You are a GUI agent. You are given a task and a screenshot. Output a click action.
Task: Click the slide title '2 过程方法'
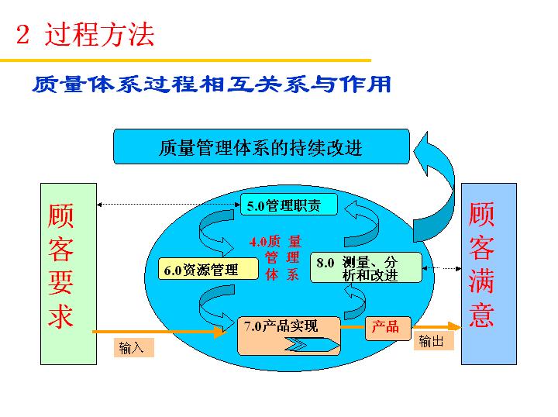point(85,35)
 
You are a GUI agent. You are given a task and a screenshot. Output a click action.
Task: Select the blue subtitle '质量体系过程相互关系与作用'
point(211,84)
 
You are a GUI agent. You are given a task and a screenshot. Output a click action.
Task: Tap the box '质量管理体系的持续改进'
point(260,147)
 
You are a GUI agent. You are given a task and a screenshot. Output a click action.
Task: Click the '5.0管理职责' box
point(288,205)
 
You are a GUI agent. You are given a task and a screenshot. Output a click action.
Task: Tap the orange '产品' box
point(386,326)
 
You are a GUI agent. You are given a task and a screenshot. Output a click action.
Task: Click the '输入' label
point(132,348)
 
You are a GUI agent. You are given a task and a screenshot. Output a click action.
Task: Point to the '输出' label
point(432,341)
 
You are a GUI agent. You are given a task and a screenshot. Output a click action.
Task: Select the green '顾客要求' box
point(68,274)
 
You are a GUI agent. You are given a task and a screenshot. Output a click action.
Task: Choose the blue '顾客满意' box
point(488,274)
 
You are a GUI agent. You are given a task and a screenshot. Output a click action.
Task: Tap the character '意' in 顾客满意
point(481,317)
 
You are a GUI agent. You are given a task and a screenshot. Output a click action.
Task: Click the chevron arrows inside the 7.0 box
point(307,344)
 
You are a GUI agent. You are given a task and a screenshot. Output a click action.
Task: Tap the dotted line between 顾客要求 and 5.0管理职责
point(166,205)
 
